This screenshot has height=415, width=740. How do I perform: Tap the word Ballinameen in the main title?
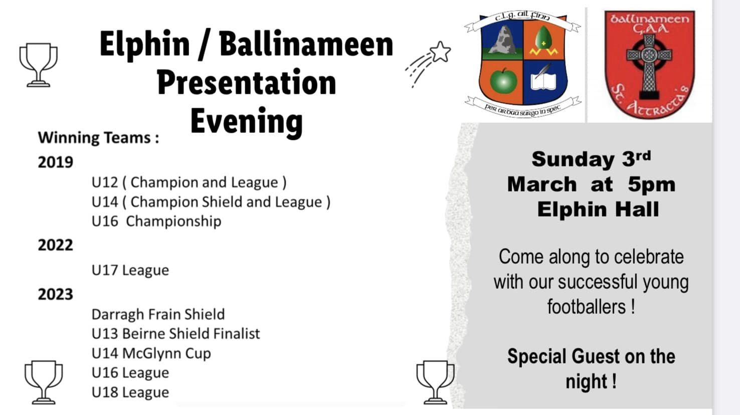306,44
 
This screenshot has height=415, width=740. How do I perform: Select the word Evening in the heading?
247,122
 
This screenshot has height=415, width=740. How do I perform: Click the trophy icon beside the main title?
38,65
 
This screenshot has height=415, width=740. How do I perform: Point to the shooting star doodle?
428,64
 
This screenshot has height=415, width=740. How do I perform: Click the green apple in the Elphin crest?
503,81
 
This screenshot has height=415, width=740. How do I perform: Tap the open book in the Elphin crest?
544,79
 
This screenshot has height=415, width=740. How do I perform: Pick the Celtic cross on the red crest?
649,66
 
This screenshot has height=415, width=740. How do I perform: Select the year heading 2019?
56,162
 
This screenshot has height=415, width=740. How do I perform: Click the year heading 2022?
56,245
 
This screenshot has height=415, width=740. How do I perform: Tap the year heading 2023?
56,295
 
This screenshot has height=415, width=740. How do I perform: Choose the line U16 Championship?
156,222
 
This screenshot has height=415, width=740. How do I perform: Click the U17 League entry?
130,271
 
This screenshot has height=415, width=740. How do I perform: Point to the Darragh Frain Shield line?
158,315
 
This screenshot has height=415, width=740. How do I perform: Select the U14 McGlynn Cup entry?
151,353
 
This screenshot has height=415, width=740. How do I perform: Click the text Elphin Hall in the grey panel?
598,210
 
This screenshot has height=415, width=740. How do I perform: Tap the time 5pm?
652,185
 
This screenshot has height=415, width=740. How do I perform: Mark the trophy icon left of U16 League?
44,382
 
